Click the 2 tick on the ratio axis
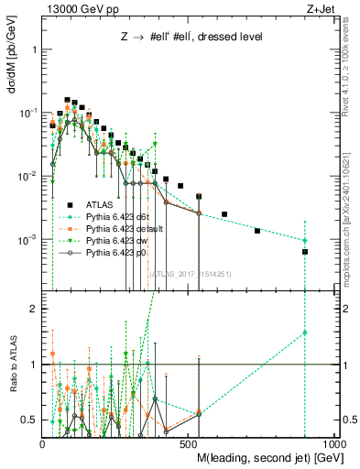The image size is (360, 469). [x=33, y=309]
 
